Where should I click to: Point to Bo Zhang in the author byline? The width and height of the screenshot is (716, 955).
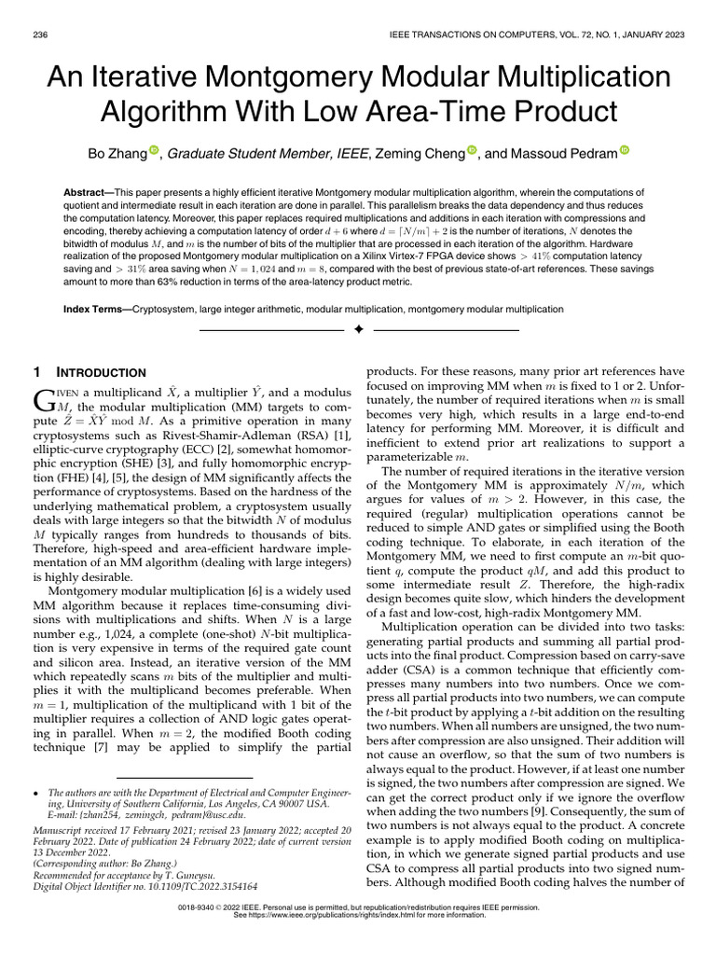tap(117, 153)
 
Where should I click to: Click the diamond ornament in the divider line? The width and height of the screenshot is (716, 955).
tap(358, 331)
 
